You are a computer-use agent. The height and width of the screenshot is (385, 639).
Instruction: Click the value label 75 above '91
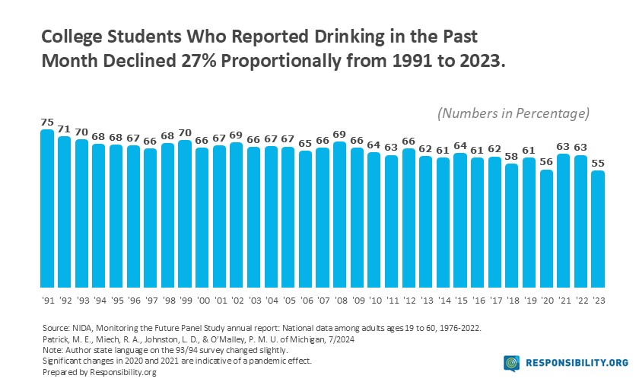click(x=47, y=122)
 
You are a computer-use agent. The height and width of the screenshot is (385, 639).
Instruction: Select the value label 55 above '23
click(x=599, y=163)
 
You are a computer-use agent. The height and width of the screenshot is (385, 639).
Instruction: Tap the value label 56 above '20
click(x=546, y=161)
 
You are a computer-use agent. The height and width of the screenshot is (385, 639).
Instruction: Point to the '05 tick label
click(x=288, y=301)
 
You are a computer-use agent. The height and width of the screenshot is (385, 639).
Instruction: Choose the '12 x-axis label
click(x=409, y=301)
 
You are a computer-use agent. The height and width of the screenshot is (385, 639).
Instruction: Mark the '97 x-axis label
click(x=150, y=301)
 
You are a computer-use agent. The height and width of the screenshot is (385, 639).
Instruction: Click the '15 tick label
click(x=460, y=301)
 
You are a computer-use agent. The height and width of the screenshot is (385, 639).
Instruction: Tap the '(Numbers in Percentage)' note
click(x=513, y=113)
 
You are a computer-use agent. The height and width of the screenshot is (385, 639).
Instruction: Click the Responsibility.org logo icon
click(x=511, y=364)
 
